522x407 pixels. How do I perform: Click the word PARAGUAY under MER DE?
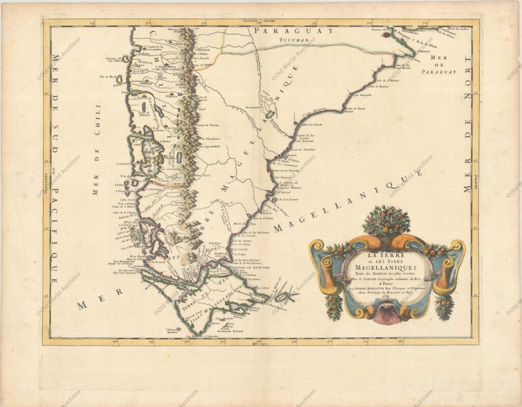pos(439,72)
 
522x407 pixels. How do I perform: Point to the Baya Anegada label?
pos(361,95)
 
